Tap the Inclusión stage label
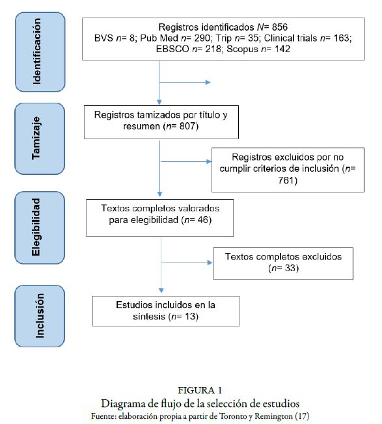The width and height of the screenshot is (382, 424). click(39, 315)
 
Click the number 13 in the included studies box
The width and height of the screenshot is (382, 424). click(186, 316)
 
